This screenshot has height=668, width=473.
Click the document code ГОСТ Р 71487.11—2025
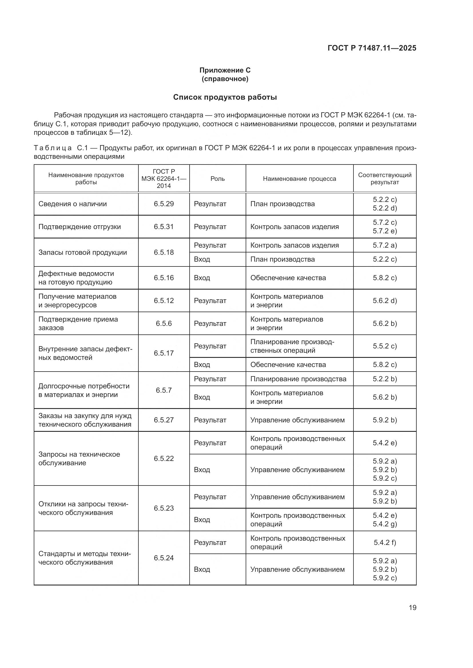point(372,48)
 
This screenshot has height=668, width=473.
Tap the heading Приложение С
point(225,70)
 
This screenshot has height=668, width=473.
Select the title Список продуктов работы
point(225,97)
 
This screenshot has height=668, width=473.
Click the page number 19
point(412,607)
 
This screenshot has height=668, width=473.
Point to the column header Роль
point(218,178)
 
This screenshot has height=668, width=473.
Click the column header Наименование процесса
point(299,178)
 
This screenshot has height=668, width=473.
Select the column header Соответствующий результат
point(384,178)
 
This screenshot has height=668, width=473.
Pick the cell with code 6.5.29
point(164,204)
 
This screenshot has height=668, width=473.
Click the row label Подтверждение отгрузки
point(80,227)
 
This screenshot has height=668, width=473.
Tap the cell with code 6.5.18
point(164,252)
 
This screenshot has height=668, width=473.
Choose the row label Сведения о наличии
point(73,204)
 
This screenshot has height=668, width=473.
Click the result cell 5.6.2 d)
point(384,300)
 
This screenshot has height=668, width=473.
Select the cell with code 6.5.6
point(164,324)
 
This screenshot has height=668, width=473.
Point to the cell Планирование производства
point(298,379)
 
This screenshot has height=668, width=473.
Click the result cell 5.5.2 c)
point(384,346)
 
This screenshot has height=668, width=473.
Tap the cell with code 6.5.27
point(164,420)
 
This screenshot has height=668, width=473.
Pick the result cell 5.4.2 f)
point(384,542)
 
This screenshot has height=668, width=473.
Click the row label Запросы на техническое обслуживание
point(79,459)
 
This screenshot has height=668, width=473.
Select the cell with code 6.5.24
point(164,558)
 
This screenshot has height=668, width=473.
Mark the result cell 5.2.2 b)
point(384,379)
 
